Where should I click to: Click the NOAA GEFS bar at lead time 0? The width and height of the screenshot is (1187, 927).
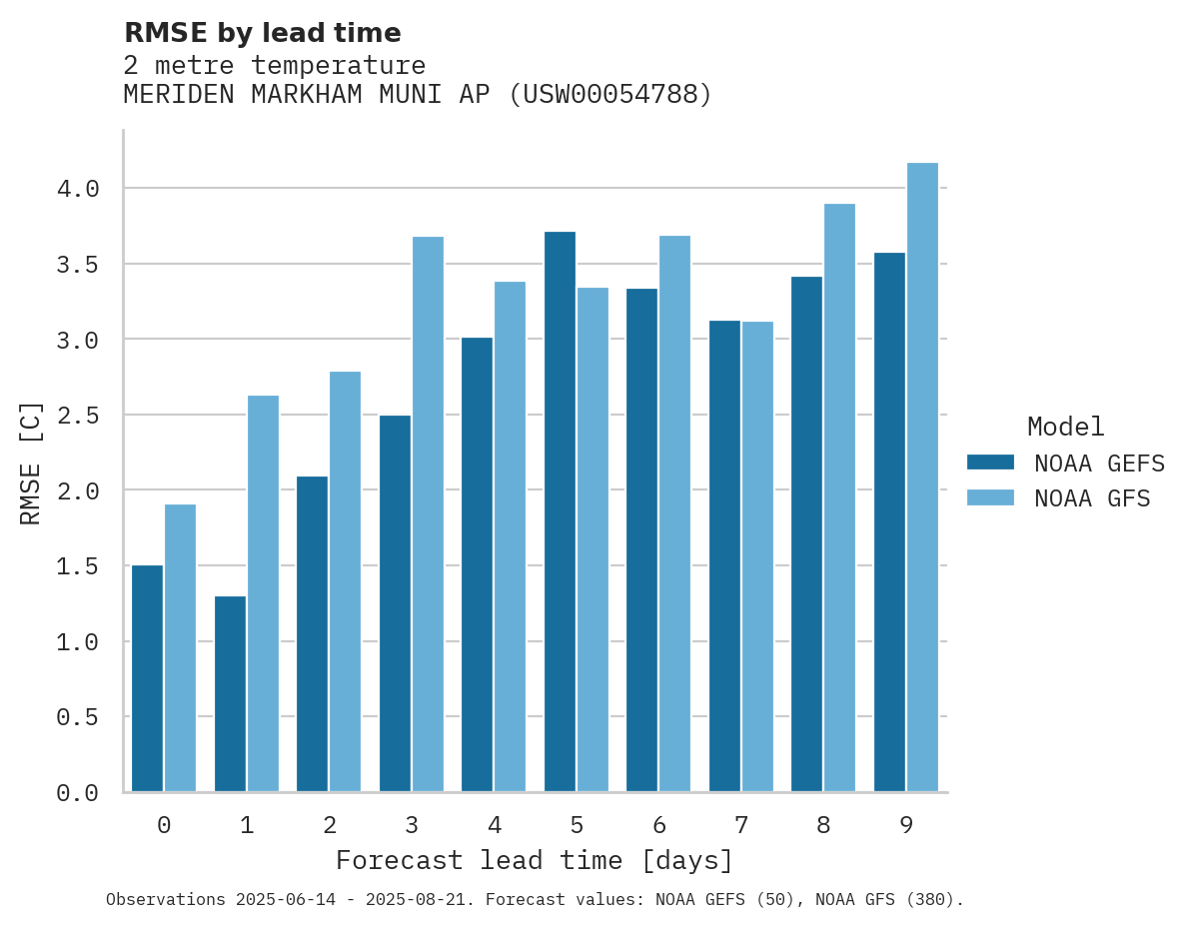click(x=147, y=679)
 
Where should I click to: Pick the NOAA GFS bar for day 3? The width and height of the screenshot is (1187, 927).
click(x=428, y=514)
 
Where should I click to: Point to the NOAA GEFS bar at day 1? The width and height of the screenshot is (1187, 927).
click(x=230, y=694)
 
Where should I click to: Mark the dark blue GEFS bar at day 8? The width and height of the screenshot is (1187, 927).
click(x=806, y=534)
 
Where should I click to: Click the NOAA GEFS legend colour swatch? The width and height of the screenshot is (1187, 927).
click(x=990, y=463)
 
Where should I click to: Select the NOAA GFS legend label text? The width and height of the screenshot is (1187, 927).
click(x=1092, y=498)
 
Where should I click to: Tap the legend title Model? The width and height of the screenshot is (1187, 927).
click(x=1065, y=428)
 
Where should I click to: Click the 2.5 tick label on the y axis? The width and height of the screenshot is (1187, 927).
click(x=77, y=415)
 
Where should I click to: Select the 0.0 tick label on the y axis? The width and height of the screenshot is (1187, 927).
click(x=77, y=793)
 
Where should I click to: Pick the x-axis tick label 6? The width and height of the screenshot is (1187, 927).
click(x=658, y=825)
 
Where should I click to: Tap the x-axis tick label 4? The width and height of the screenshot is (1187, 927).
click(x=494, y=825)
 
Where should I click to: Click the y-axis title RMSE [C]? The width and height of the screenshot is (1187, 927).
click(x=31, y=463)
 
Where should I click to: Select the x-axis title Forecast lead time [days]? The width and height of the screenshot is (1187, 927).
click(x=535, y=860)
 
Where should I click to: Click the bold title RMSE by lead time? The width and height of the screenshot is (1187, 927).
click(x=262, y=33)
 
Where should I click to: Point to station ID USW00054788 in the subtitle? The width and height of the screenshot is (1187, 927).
click(x=609, y=95)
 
